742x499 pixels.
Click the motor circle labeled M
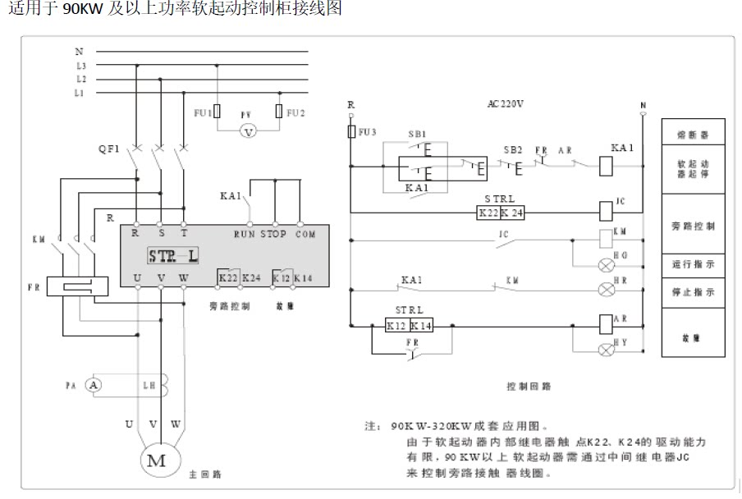tap(156, 460)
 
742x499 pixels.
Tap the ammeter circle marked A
tap(94, 384)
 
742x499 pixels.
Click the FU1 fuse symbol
tap(217, 112)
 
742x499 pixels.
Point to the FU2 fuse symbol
tap(280, 112)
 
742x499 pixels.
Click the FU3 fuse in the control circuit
tap(351, 131)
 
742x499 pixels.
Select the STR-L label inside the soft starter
tap(173, 255)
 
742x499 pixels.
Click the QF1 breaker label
tap(108, 149)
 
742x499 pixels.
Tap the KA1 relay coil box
tap(607, 165)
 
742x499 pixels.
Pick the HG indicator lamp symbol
tap(607, 264)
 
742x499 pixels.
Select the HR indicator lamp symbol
tap(607, 290)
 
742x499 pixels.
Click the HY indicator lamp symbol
tap(607, 350)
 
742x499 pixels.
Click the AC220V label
tap(505, 104)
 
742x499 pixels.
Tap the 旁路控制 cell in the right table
tap(694, 225)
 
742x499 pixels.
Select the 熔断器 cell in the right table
tap(694, 133)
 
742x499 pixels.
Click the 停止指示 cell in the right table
tap(694, 292)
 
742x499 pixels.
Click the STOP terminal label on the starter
tap(274, 235)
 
